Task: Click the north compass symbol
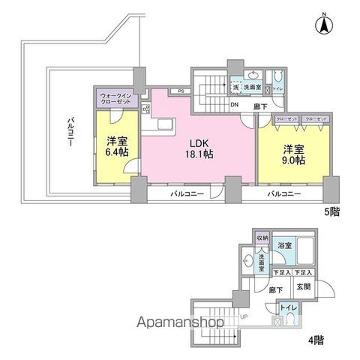pyautogui.click(x=324, y=25)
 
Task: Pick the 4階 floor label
pyautogui.click(x=316, y=339)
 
